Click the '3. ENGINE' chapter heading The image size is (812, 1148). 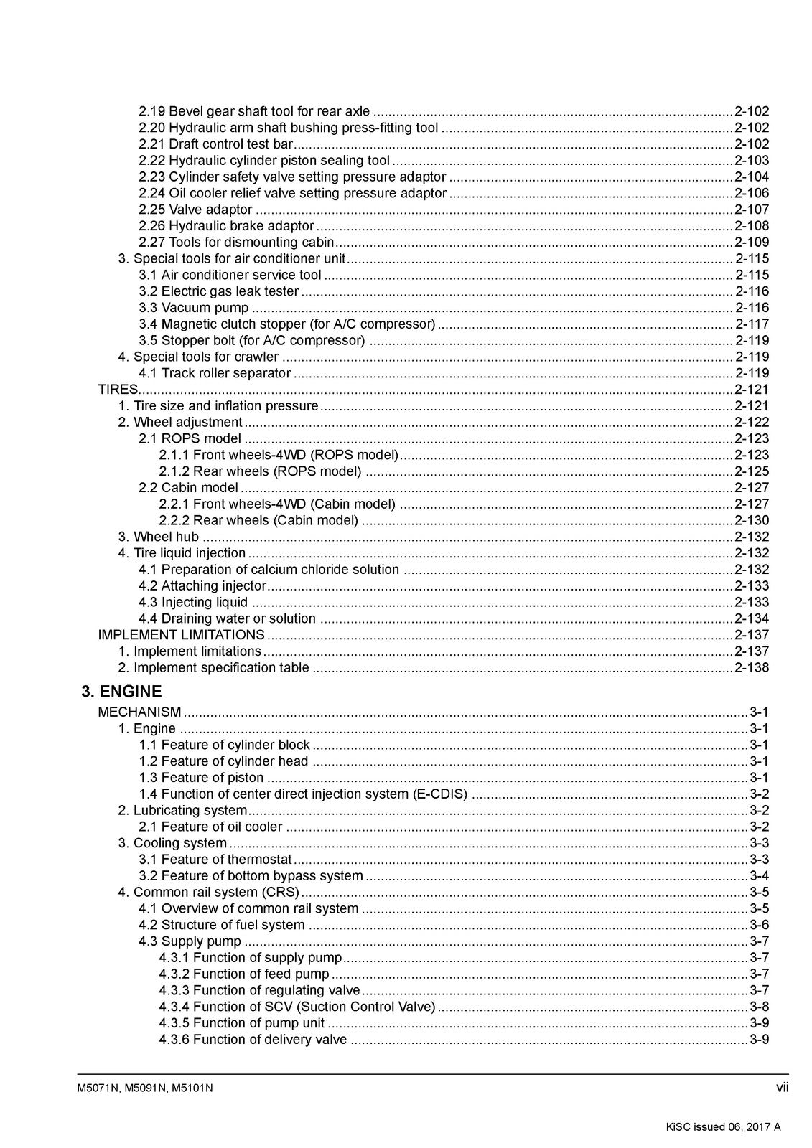121,692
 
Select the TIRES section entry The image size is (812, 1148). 118,390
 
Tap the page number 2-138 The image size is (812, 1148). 751,668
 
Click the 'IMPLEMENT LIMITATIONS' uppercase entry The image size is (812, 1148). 181,635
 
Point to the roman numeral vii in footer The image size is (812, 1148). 782,1088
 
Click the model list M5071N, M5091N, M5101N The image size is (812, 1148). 144,1088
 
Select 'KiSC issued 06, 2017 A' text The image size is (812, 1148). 723,1126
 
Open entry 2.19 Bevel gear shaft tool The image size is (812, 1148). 254,111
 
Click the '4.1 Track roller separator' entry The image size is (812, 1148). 215,373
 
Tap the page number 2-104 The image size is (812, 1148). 751,177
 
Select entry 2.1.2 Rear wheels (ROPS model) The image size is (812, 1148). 260,471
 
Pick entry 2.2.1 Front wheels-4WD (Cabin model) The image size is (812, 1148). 276,504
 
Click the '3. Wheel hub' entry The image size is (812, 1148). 159,537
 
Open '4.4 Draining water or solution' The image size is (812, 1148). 227,618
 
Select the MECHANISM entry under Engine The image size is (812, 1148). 139,712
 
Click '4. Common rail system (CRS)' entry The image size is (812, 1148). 208,893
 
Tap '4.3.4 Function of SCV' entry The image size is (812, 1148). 297,1007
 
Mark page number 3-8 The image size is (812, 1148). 759,1007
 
